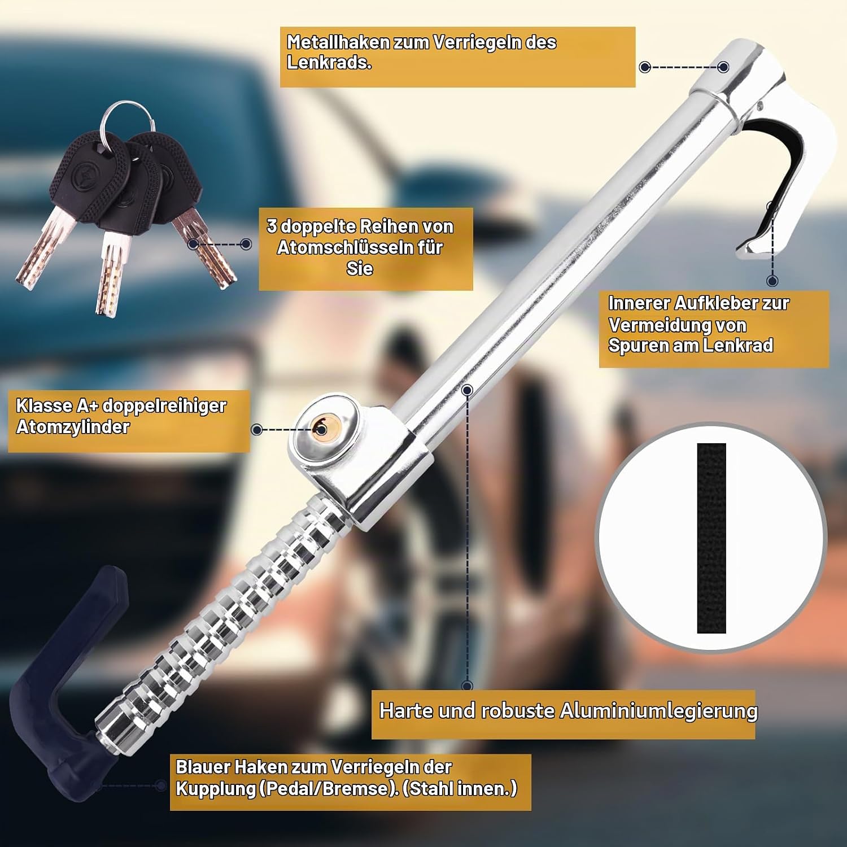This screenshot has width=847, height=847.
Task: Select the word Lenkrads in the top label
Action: (x=329, y=63)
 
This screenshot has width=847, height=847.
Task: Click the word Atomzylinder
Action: (x=73, y=426)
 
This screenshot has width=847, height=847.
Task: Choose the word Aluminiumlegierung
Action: (x=658, y=710)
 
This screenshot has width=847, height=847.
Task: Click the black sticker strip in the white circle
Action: (x=711, y=538)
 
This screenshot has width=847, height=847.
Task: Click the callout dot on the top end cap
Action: (x=723, y=67)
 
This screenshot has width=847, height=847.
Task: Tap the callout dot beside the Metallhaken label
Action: (x=645, y=67)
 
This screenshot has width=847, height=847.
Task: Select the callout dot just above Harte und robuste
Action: (x=467, y=686)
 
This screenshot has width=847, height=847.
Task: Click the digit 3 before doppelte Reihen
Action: (x=272, y=226)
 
